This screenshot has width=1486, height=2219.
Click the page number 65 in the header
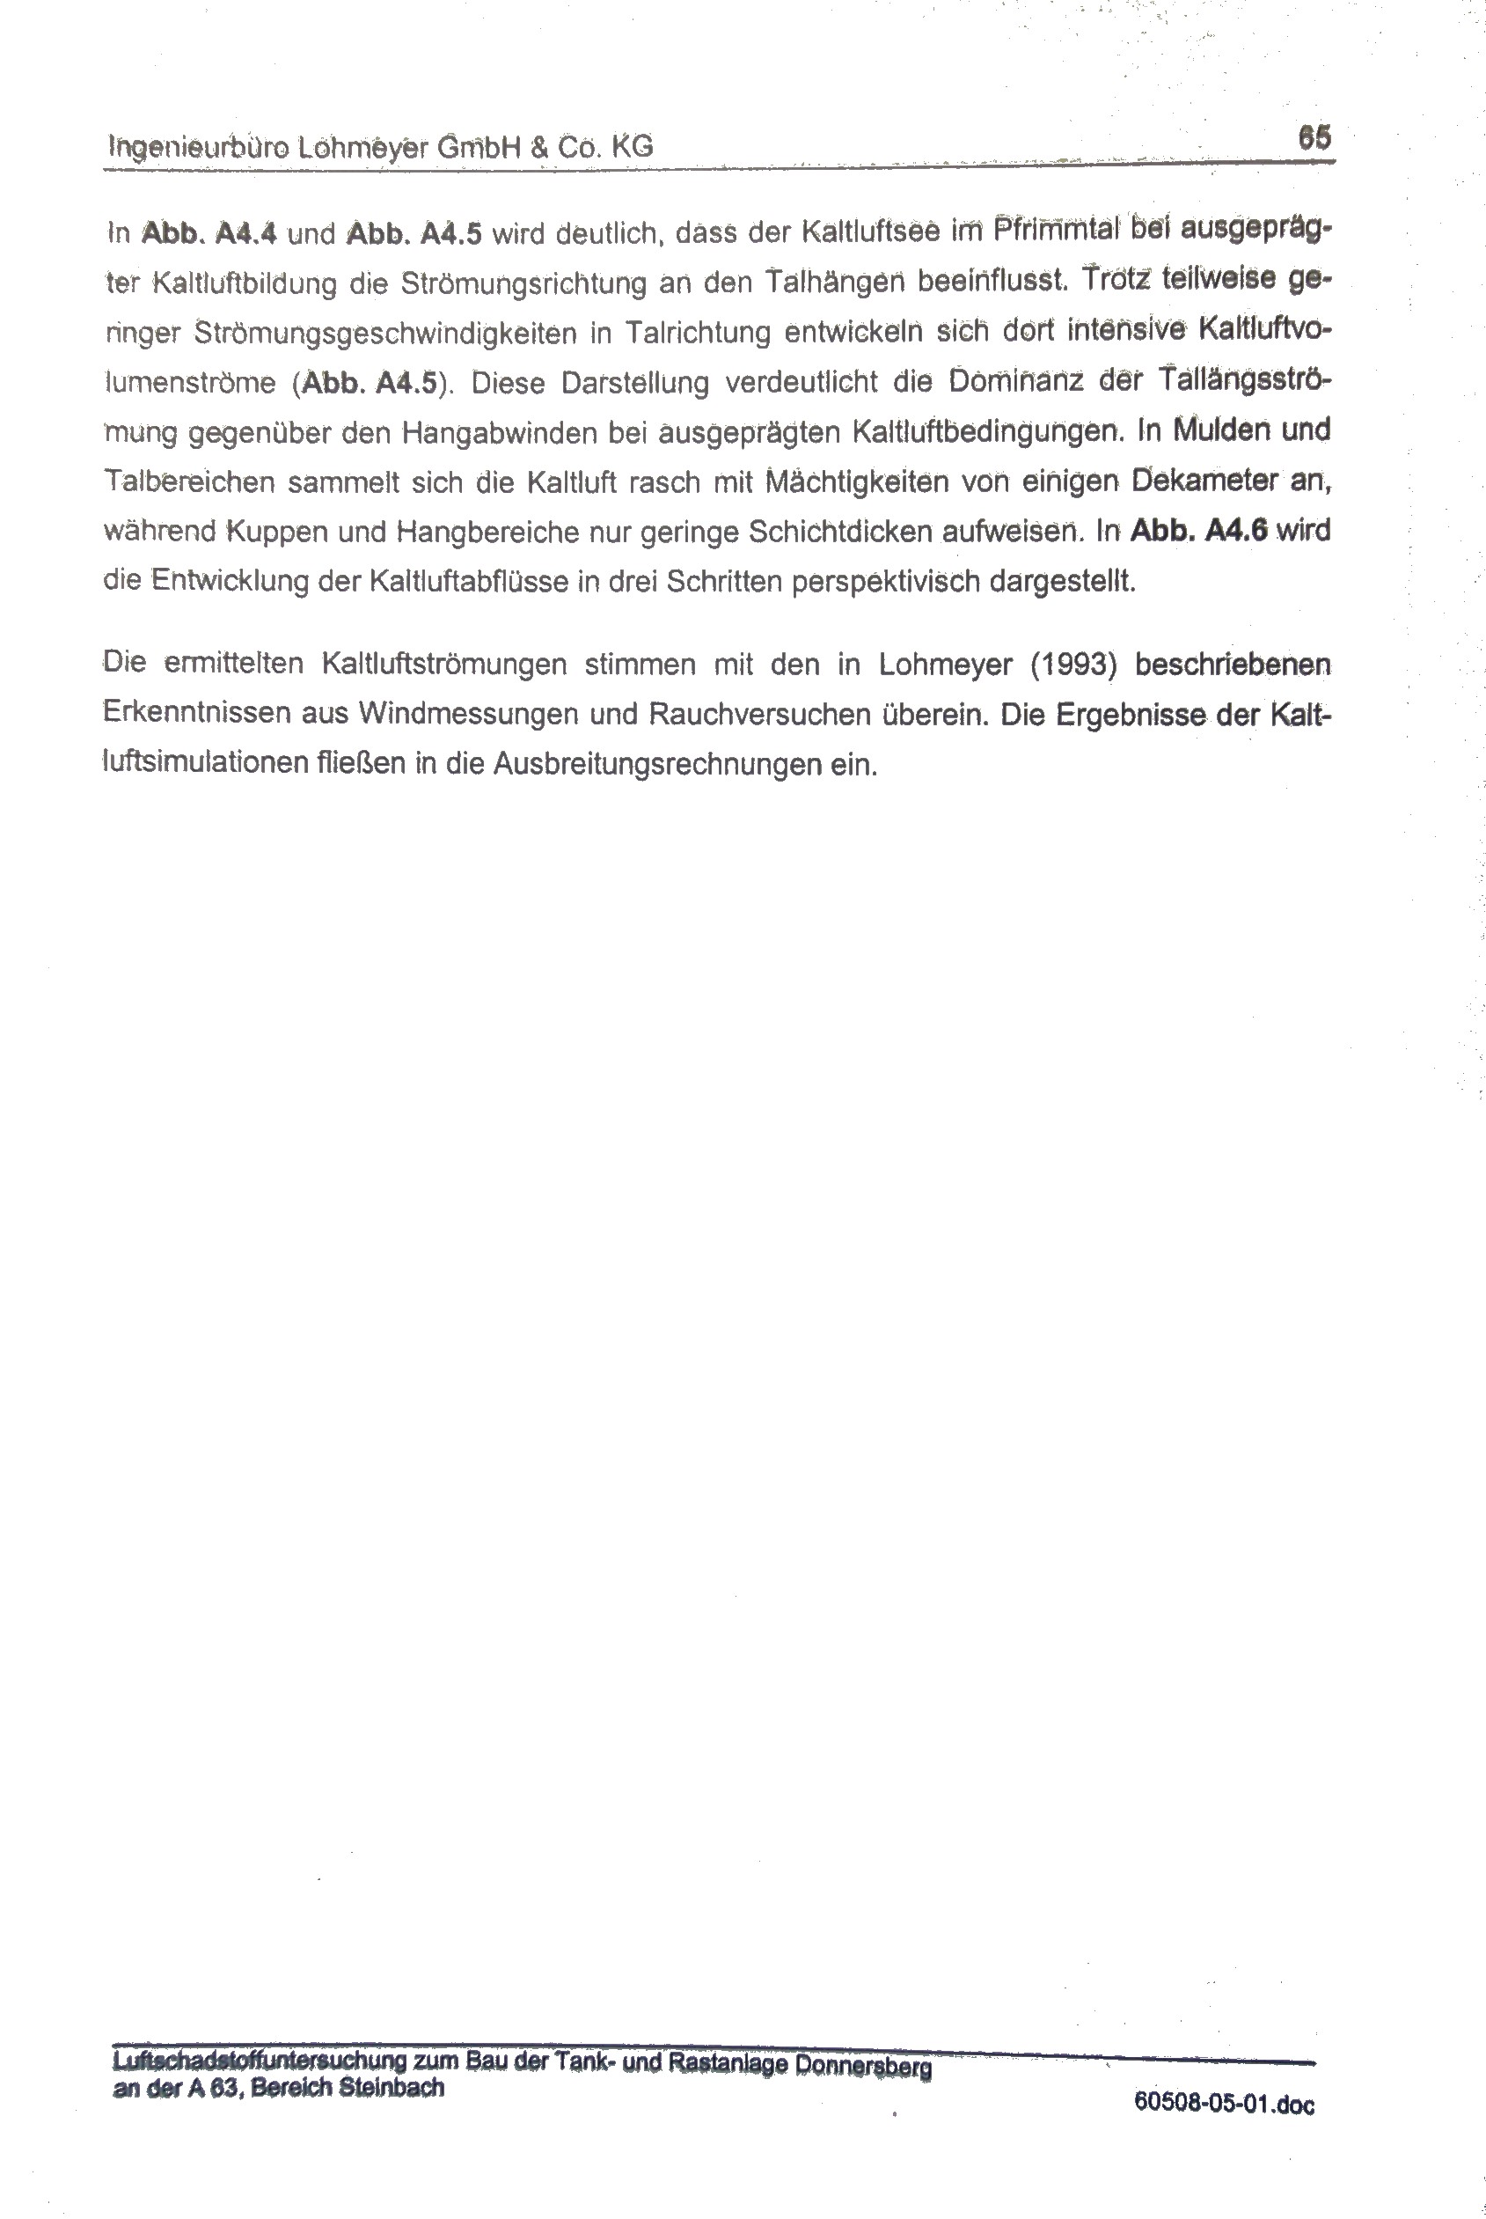(x=1314, y=137)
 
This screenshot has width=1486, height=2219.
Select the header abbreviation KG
(x=632, y=146)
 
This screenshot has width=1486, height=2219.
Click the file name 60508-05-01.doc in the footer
(x=1224, y=2104)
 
